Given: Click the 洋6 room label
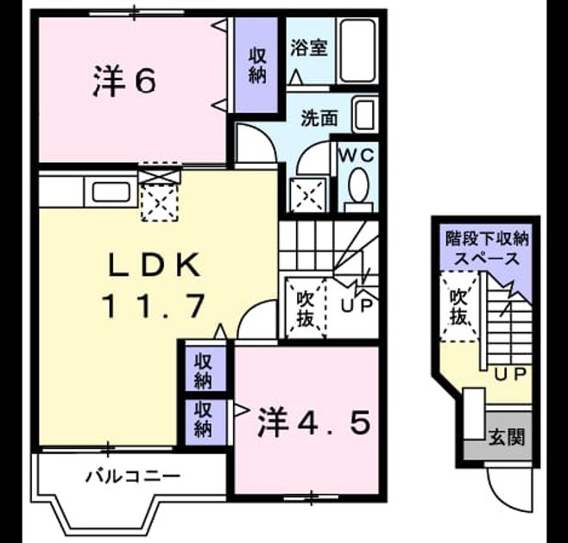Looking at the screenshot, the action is click(124, 81).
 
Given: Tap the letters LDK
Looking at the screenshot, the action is click(155, 265).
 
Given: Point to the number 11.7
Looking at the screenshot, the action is click(155, 306).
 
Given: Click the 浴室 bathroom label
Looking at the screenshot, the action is click(309, 47).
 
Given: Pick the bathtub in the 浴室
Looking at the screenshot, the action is click(357, 51).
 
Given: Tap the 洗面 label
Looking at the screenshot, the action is click(319, 118).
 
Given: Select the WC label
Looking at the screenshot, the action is click(357, 155).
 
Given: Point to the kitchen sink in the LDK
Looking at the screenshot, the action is click(111, 192).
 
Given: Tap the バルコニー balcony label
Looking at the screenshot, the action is click(133, 476).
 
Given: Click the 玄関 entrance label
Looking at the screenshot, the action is click(507, 437).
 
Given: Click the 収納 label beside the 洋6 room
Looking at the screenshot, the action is click(257, 66).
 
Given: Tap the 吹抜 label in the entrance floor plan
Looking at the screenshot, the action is click(458, 307).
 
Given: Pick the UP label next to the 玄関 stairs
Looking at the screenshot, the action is click(510, 375).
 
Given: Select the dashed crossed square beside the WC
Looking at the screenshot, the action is click(308, 196).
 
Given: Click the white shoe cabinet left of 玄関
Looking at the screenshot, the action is click(474, 414).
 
